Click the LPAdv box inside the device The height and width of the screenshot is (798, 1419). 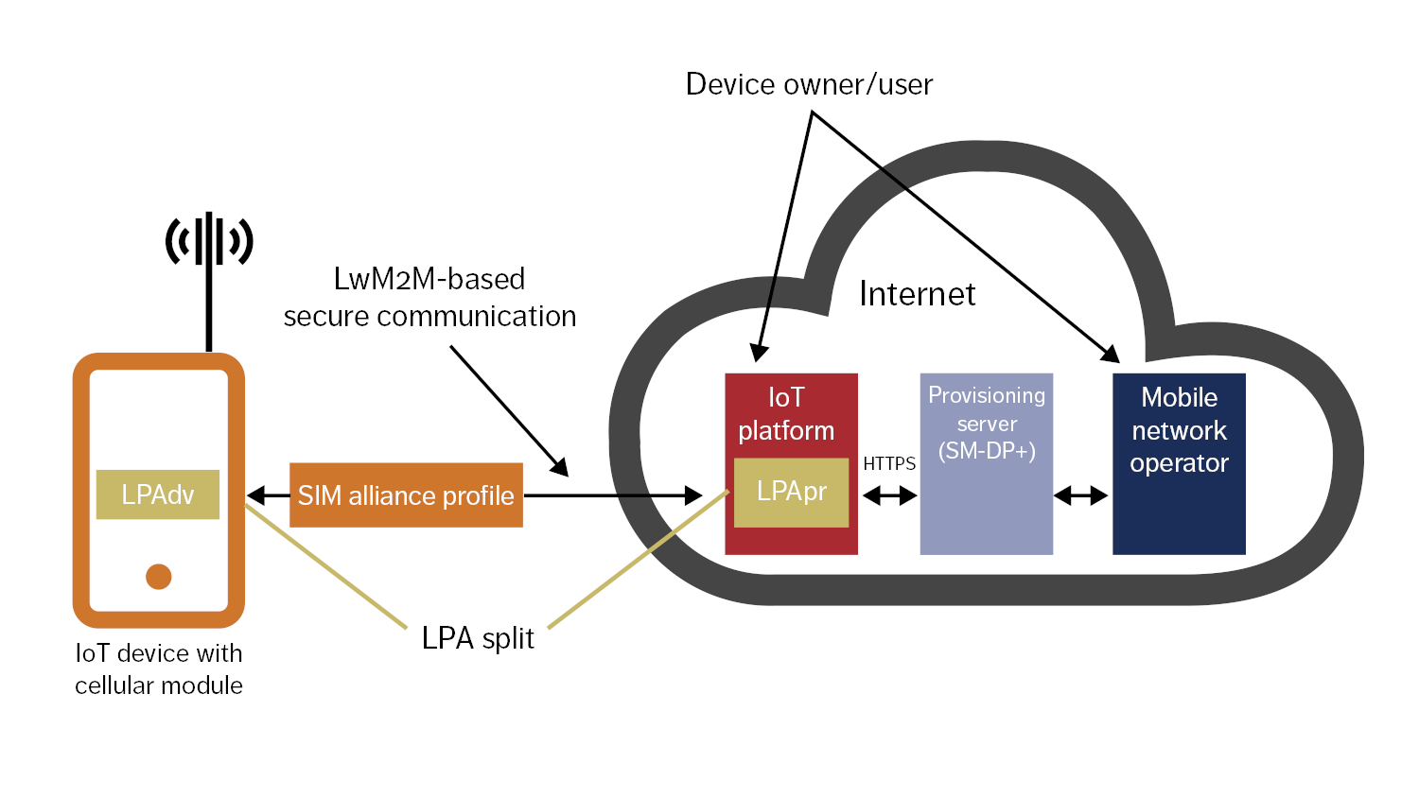[158, 494]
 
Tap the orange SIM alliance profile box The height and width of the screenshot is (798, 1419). [406, 495]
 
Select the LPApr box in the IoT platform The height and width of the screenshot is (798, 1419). [791, 492]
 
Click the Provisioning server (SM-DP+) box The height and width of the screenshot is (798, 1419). [986, 463]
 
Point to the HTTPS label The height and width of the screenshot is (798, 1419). [889, 463]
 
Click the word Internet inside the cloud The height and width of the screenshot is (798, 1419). [917, 294]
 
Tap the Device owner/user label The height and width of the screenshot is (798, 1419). [809, 84]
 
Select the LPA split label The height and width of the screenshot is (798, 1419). [478, 639]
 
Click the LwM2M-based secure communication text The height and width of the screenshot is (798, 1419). [429, 298]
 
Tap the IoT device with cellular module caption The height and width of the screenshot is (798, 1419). [159, 669]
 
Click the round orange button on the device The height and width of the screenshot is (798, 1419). [159, 576]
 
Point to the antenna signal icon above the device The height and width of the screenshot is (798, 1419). [209, 240]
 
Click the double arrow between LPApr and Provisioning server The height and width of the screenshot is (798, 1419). [889, 494]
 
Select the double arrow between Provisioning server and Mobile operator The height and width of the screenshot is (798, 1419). [1081, 494]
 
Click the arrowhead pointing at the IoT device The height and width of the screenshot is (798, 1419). [254, 495]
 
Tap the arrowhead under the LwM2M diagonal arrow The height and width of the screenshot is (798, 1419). [560, 467]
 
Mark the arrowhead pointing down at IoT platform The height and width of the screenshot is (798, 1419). [759, 353]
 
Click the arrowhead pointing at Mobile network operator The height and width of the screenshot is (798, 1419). [1110, 355]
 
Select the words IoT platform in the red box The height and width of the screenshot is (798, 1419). [786, 414]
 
